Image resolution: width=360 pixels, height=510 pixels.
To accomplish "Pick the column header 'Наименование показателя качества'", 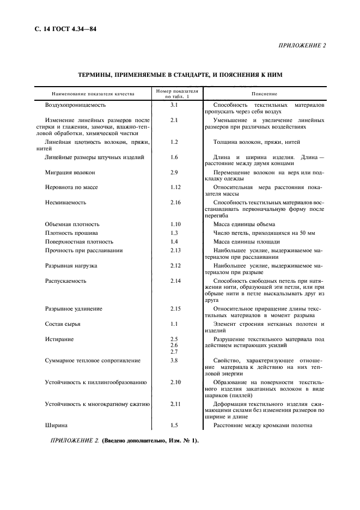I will point(93,94).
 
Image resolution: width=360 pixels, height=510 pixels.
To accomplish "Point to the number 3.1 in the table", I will point(174,104).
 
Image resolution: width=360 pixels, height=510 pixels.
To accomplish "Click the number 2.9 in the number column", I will point(174,172).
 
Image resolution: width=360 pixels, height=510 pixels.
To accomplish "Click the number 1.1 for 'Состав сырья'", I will point(174,324).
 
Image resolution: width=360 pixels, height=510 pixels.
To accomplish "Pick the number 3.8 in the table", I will point(174,361).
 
